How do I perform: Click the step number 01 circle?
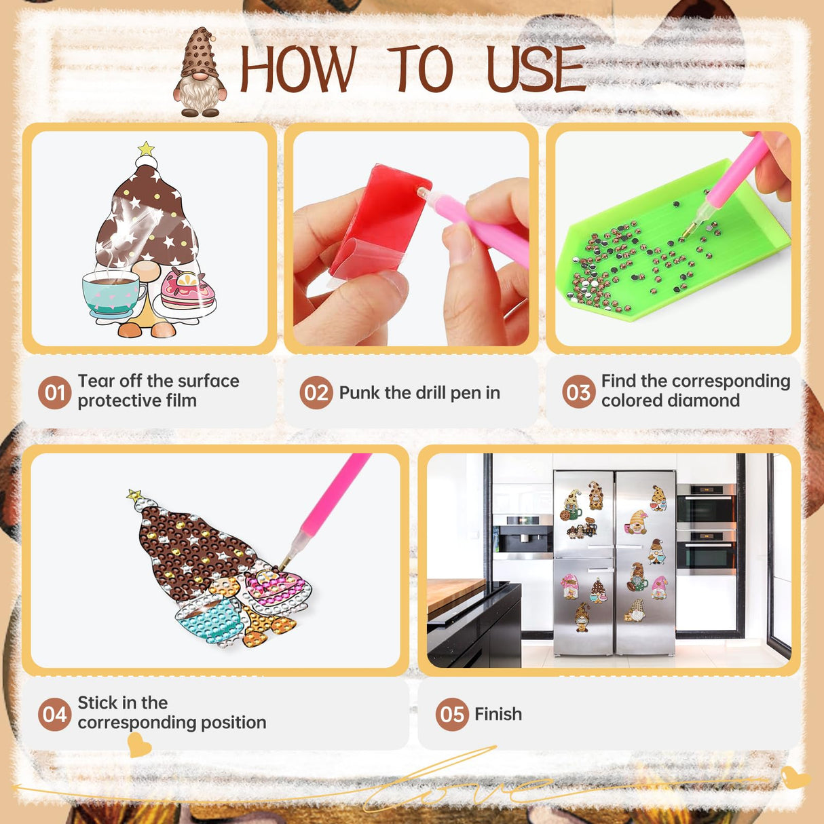click(54, 392)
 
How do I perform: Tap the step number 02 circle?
click(316, 392)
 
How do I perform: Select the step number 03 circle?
click(578, 392)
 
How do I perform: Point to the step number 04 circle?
click(54, 714)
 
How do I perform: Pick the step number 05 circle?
click(452, 714)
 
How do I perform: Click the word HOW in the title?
click(298, 69)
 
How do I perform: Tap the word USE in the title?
click(536, 69)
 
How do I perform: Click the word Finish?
click(498, 714)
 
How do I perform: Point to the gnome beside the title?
click(200, 72)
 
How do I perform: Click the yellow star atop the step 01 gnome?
click(146, 149)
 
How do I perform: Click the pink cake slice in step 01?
click(187, 288)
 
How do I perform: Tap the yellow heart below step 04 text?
click(139, 745)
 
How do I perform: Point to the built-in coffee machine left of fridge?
click(523, 538)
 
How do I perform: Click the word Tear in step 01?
click(96, 381)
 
